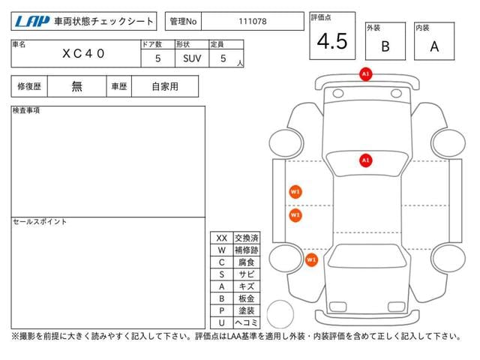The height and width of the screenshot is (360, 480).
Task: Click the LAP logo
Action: [32, 21]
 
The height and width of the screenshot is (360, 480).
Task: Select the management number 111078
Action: [253, 22]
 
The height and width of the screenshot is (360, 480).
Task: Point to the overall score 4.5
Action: [332, 41]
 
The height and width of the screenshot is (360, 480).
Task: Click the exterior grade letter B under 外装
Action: [385, 46]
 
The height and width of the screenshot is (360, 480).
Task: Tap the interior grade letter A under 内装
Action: [434, 46]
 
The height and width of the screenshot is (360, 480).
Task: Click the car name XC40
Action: [83, 53]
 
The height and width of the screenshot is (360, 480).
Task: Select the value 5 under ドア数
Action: [158, 58]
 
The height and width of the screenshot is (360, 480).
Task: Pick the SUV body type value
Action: [192, 58]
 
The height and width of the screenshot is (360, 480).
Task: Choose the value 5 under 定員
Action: [223, 58]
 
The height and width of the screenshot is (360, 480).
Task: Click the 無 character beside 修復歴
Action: [76, 86]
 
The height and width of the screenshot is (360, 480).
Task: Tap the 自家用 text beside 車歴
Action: [165, 86]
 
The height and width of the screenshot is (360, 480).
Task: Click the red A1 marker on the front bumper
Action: [365, 73]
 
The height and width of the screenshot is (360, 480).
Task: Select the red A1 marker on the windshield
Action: [365, 160]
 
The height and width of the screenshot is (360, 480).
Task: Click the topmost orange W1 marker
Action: [295, 192]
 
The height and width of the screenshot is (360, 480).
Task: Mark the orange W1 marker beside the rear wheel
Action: [312, 260]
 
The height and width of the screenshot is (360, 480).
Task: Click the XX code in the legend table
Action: [222, 238]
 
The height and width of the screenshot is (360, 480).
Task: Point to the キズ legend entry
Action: [247, 286]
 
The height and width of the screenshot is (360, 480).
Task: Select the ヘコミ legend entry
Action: [247, 322]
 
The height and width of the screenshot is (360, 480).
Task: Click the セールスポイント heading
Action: [40, 222]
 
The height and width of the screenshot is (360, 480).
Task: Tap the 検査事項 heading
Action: [26, 110]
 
